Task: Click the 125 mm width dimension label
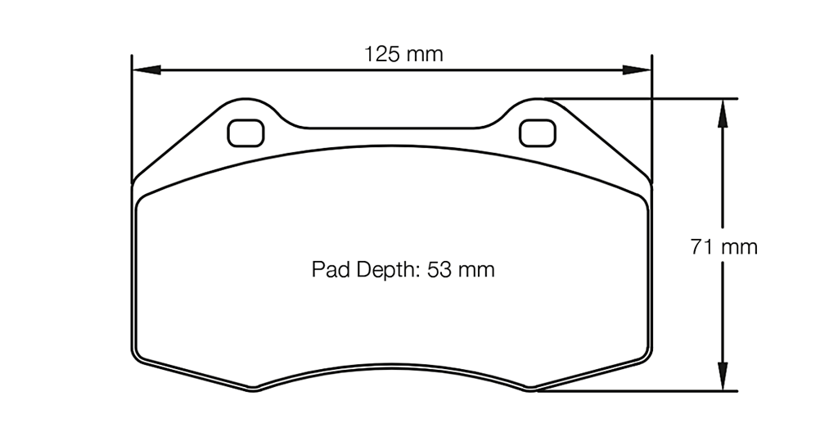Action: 403,55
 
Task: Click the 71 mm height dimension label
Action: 723,246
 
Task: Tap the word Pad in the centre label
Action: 328,269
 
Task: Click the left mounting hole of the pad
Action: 246,132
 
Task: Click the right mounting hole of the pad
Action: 538,132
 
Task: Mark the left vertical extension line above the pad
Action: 132,115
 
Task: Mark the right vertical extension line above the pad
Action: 651,115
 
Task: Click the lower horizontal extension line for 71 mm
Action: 638,391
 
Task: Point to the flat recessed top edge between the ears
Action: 391,128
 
